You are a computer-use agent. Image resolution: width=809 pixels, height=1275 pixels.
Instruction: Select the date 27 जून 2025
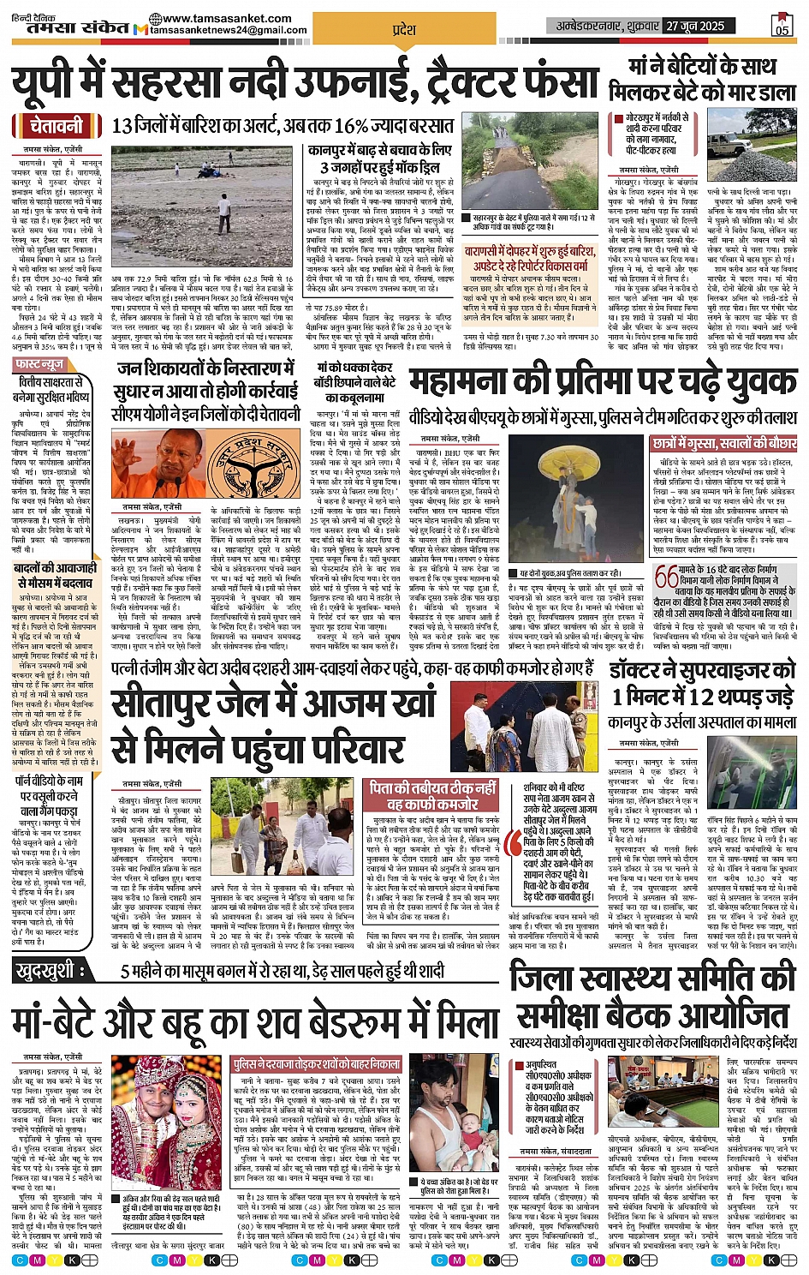(x=696, y=26)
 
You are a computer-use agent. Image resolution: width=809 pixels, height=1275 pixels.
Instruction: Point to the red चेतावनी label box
(x=57, y=126)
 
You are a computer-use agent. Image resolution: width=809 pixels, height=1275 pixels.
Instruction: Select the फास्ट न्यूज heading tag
(x=40, y=364)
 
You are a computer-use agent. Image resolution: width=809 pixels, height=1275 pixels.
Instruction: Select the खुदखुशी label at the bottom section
(x=51, y=972)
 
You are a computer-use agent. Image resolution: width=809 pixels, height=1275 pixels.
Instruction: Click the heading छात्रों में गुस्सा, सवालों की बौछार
(x=723, y=444)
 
